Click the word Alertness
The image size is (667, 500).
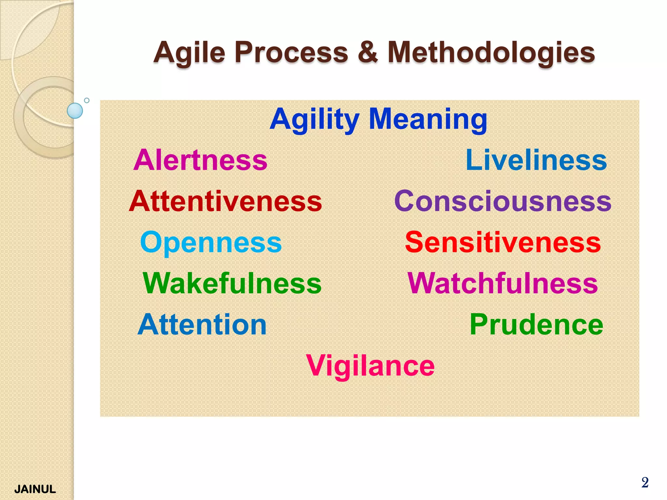click(x=200, y=160)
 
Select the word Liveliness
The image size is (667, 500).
click(x=536, y=160)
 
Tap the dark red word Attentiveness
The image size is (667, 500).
click(x=225, y=201)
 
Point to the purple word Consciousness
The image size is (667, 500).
click(x=503, y=201)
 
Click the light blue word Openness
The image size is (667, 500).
click(x=211, y=243)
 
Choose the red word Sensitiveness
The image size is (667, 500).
click(x=503, y=243)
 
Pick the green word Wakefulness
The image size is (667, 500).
click(x=232, y=284)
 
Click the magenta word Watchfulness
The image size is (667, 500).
click(x=503, y=284)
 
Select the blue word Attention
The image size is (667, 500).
click(x=202, y=325)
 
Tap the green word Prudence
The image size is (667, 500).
click(x=536, y=325)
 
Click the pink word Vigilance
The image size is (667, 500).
click(x=370, y=366)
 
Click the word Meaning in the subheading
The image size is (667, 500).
click(x=428, y=119)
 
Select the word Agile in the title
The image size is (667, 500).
click(x=189, y=53)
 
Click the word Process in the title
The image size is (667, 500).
click(x=291, y=52)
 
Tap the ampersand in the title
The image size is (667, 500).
click(x=368, y=52)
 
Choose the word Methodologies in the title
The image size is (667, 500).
click(x=491, y=53)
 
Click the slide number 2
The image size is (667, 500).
click(x=645, y=482)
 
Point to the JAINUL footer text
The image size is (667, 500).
click(x=35, y=489)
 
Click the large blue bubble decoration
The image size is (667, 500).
click(x=75, y=111)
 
